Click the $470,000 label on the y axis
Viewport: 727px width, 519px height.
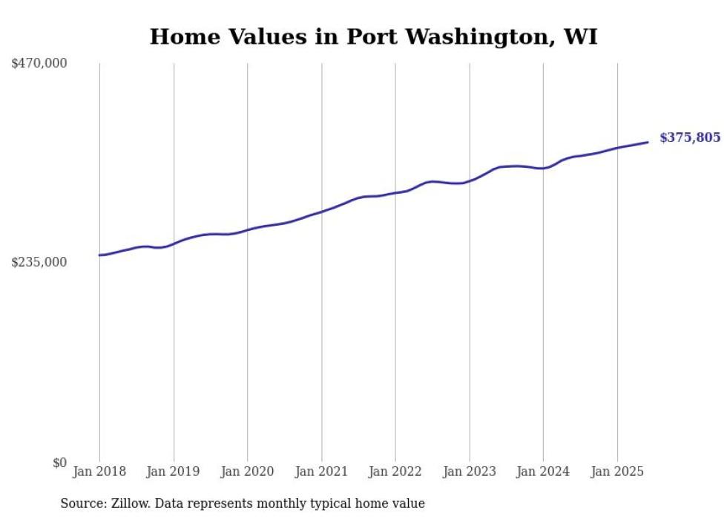point(39,64)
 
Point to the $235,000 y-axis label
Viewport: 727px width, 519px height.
point(39,262)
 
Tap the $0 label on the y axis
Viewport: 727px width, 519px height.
point(59,463)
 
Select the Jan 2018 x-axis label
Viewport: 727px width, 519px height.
point(99,471)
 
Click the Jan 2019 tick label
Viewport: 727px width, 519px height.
point(174,471)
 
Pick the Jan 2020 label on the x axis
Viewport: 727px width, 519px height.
point(248,471)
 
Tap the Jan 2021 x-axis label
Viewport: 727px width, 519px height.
point(321,471)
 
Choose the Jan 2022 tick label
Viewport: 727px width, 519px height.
point(395,471)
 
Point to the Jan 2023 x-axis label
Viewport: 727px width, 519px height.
point(470,471)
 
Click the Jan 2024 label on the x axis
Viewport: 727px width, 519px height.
point(543,471)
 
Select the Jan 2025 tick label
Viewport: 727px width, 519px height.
point(617,471)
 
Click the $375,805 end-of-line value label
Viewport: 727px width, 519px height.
point(690,137)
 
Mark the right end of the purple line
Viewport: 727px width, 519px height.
point(648,142)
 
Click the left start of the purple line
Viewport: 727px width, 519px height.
point(99,255)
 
